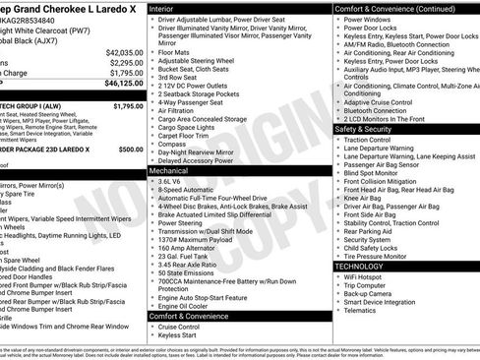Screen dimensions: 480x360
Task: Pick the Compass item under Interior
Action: coord(173,144)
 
